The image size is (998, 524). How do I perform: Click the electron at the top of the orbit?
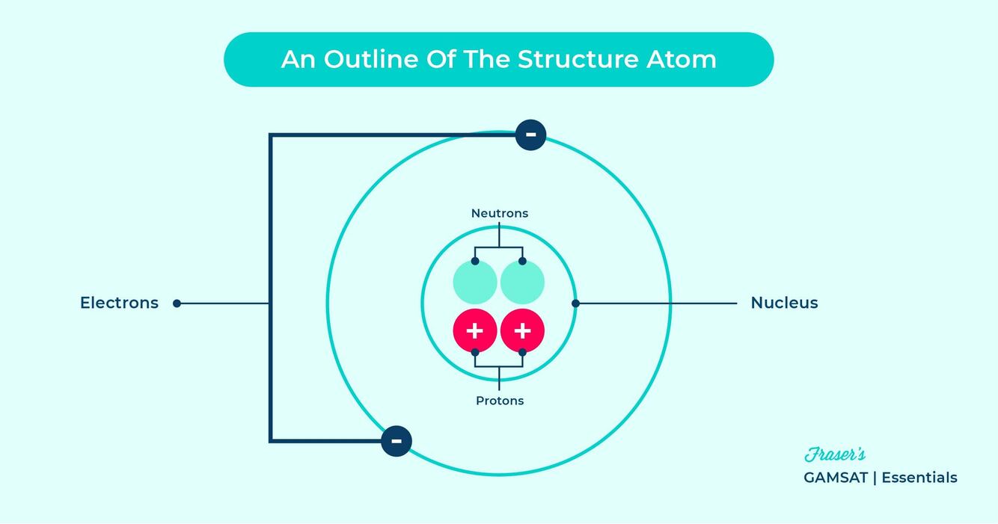point(530,135)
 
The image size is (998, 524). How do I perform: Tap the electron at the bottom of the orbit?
point(397,440)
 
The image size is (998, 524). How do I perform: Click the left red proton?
point(475,330)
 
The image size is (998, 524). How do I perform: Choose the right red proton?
point(522,330)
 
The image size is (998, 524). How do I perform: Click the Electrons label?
point(120,303)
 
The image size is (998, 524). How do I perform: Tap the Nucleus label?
point(784,303)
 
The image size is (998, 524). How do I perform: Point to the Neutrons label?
point(499,213)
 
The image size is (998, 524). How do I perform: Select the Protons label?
point(500,401)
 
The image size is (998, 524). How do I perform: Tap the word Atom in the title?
point(682,59)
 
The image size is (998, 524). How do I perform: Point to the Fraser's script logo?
point(835,454)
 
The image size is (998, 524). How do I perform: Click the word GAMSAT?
point(835,478)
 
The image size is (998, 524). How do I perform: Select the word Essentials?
point(919,478)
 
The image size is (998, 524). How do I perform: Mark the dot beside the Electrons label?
point(177,303)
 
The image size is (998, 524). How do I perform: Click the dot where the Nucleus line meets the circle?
point(575,303)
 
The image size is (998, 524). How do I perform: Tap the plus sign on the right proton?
point(522,330)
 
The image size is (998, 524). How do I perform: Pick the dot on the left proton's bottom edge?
point(475,352)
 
